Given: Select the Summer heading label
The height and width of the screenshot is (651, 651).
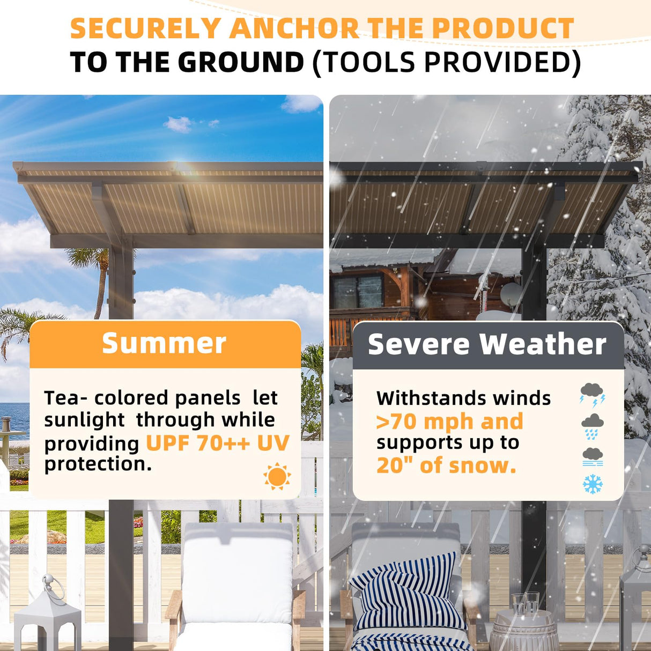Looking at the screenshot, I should [x=164, y=343].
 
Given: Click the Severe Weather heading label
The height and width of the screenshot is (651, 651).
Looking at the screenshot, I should [x=487, y=344].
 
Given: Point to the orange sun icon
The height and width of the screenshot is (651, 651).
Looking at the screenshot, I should [x=277, y=476].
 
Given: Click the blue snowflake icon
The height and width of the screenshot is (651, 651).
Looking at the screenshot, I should [x=593, y=484].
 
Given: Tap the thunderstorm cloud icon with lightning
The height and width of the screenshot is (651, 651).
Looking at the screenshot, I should [x=592, y=395].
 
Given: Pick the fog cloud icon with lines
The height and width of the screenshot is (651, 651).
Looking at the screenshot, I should [x=592, y=456].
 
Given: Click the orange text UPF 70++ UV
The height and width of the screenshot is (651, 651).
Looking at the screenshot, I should [x=217, y=443].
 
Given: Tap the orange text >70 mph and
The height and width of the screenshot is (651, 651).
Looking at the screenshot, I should [x=449, y=421].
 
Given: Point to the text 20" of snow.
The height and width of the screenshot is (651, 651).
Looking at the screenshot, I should [x=446, y=465].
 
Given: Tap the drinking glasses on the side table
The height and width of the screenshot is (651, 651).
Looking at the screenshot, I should [x=525, y=603].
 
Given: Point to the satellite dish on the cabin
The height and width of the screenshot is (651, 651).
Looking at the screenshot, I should [x=510, y=293].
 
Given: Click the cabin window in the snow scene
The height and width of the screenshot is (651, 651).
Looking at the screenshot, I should [x=358, y=292].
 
